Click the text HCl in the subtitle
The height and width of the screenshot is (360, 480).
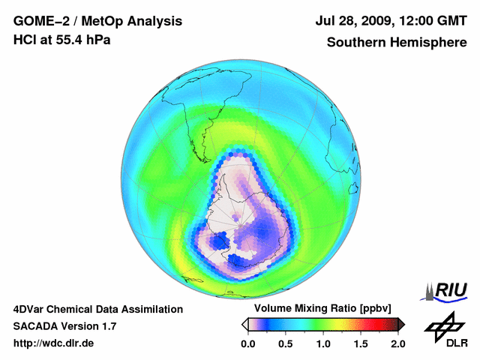coord(25,40)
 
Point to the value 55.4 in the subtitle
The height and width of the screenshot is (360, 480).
coord(71,40)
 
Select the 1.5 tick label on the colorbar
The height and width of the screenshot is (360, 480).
coord(360,343)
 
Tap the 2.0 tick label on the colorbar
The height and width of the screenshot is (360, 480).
coord(397,343)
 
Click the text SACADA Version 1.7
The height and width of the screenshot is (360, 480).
coord(64,326)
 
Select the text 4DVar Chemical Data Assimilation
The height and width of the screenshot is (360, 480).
coord(98,309)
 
